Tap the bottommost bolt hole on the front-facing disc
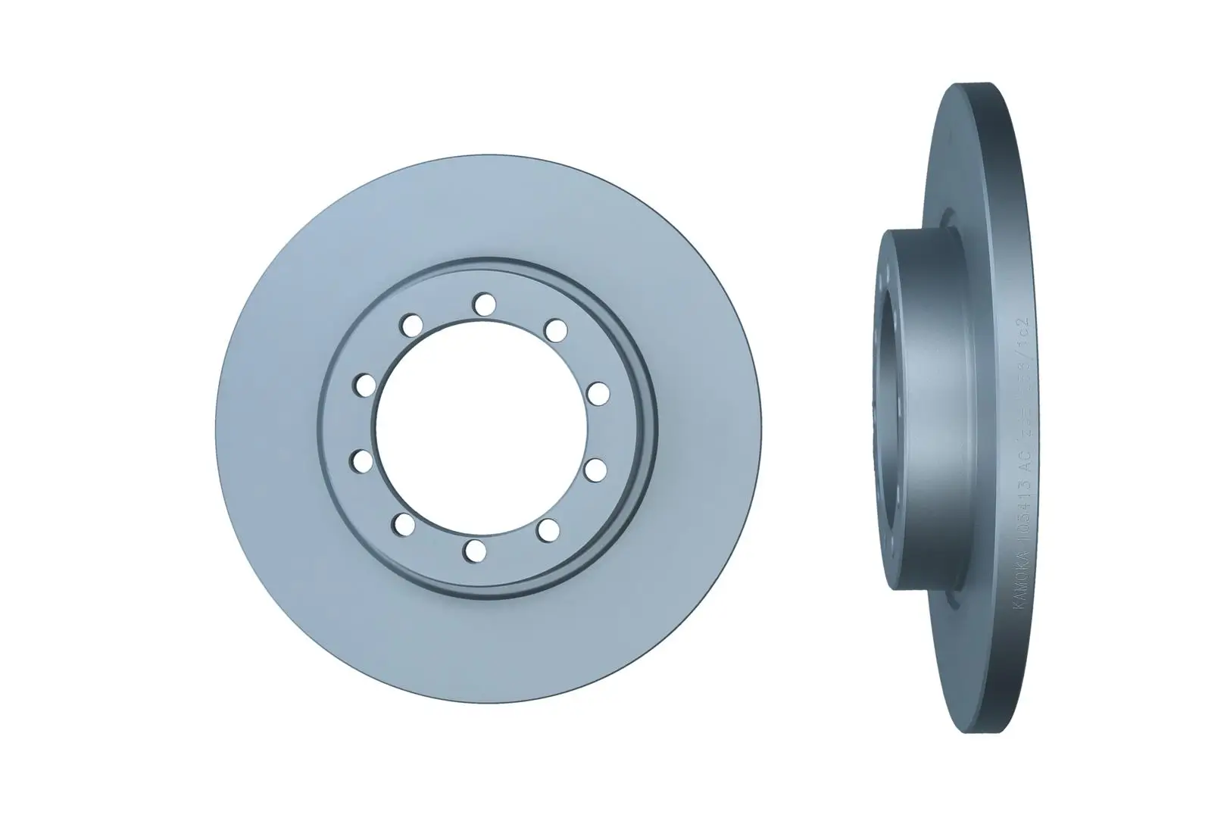click(x=475, y=551)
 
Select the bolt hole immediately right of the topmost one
click(x=556, y=329)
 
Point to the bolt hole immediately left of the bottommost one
click(x=404, y=523)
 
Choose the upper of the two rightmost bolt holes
click(x=598, y=393)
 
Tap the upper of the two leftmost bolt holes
click(x=365, y=384)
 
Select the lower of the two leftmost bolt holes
click(x=362, y=460)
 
